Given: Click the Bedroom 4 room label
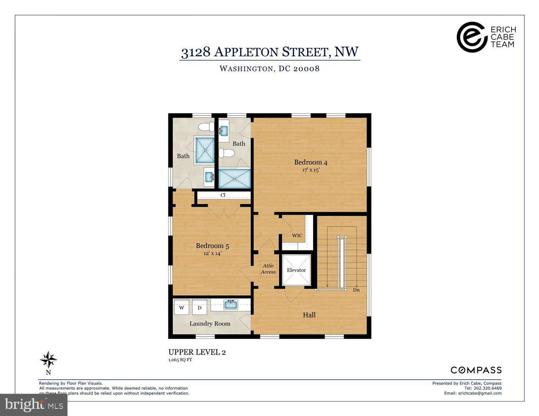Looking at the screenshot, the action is pos(311,162).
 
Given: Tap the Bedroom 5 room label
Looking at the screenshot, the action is pos(212,246).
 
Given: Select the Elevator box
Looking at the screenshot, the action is pos(297,270).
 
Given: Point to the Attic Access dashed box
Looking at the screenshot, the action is pos(268,269).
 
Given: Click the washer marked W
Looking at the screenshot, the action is pos(182,307).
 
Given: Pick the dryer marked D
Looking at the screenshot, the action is pos(200,307).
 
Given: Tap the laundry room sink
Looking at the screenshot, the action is pos(231,305).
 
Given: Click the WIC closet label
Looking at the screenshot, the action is pos(297,235).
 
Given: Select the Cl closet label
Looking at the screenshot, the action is pos(223,195).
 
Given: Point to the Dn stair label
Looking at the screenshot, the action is pos(356,290).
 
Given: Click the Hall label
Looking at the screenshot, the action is pos(309,315).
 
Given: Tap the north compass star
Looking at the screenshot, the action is pos(48,360).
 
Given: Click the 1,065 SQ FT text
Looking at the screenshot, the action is pos(180,360).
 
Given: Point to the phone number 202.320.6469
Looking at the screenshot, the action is pos(487,388).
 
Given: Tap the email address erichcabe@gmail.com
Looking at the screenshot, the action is pos(480,393).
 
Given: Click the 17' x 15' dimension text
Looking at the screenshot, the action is pos(311,170).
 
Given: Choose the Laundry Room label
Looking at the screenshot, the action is pos(210,324).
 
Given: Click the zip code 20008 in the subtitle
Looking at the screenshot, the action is pos(306,69).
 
